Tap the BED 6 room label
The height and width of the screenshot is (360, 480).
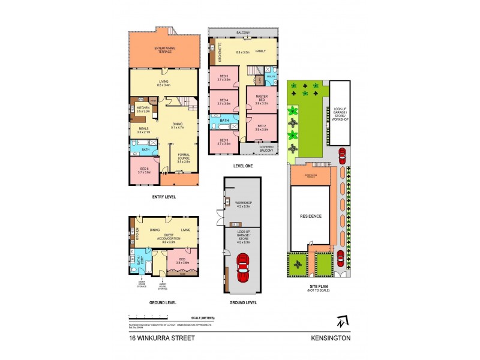tap(145, 170)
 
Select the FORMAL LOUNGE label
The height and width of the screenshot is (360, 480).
tap(183, 160)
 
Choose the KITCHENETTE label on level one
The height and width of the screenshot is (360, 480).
tap(220, 52)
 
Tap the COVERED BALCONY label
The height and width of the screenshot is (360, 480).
tap(266, 148)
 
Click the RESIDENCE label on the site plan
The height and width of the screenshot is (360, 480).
tap(311, 216)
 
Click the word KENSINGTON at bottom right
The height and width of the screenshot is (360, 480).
tap(331, 338)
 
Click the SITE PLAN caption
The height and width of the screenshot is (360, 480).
tap(320, 287)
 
